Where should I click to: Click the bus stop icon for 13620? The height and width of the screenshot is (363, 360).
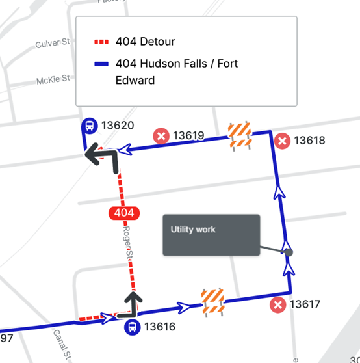tap(90, 126)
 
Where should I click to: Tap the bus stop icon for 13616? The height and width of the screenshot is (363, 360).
tap(132, 327)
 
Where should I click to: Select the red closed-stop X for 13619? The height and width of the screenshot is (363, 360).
tap(161, 136)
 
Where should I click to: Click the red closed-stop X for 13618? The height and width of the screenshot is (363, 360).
tap(282, 141)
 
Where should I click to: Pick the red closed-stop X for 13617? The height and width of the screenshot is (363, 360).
tap(278, 304)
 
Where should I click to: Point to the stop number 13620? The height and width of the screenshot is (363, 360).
tap(118, 126)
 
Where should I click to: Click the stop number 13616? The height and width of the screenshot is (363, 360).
tap(160, 327)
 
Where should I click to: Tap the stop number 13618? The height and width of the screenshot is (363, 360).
tap(309, 141)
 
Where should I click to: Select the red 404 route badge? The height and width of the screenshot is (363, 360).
tap(122, 213)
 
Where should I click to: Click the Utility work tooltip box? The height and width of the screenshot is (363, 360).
tap(211, 235)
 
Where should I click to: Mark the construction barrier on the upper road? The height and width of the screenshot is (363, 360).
tap(239, 136)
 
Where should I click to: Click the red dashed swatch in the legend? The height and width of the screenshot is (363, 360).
tap(102, 42)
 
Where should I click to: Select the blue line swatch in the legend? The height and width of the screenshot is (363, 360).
tap(102, 64)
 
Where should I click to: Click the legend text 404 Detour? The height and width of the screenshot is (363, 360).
tap(146, 42)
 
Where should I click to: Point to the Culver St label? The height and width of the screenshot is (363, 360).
tap(52, 44)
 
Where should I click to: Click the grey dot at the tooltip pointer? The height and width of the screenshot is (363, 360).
tap(289, 252)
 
